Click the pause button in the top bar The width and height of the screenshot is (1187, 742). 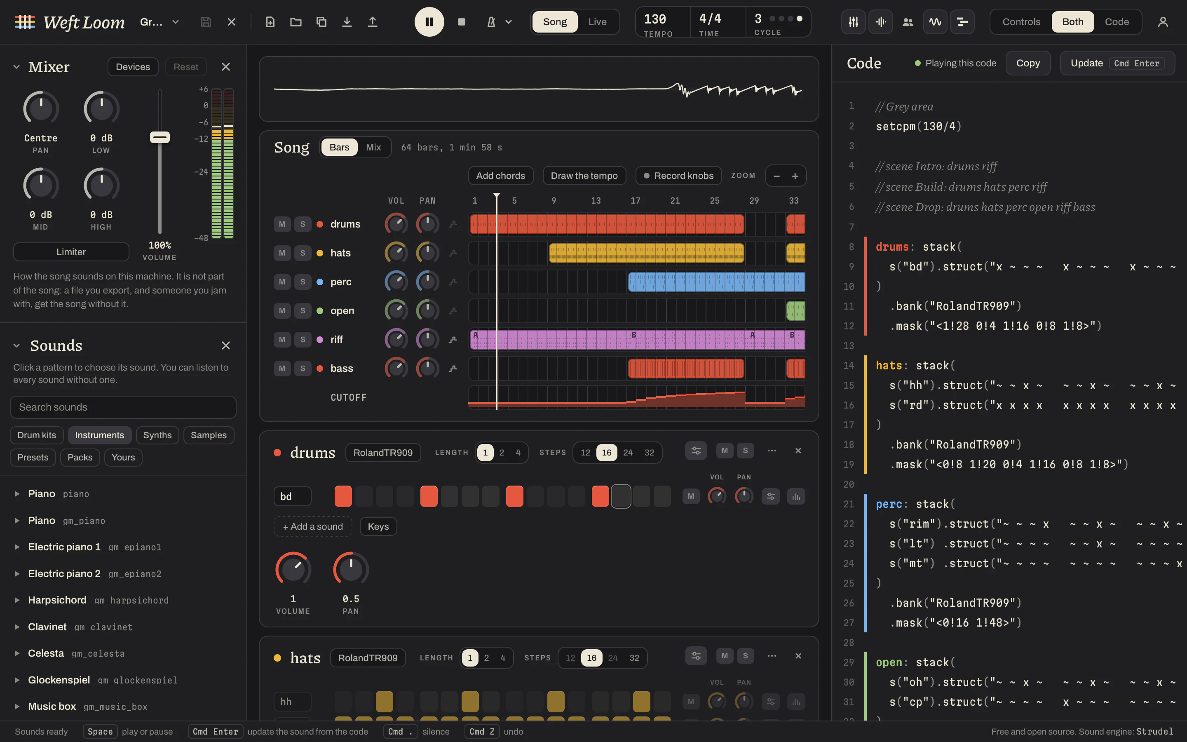pyautogui.click(x=429, y=21)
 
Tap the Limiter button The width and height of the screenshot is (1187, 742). pyautogui.click(x=71, y=252)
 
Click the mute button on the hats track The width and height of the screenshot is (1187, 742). pyautogui.click(x=282, y=253)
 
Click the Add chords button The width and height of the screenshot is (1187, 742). pyautogui.click(x=500, y=176)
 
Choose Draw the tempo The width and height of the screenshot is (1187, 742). pyautogui.click(x=584, y=176)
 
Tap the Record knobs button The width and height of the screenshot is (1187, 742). pyautogui.click(x=678, y=176)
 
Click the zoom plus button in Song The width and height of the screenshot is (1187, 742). pyautogui.click(x=795, y=176)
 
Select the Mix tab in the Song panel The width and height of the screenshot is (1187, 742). pyautogui.click(x=373, y=147)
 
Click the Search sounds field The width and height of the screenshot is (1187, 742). pyautogui.click(x=123, y=407)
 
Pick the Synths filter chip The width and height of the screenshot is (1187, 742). pyautogui.click(x=157, y=435)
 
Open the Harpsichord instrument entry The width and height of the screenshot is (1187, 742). pyautogui.click(x=57, y=600)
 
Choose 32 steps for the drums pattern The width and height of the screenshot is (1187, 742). pyautogui.click(x=649, y=453)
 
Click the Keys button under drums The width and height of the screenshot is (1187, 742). pyautogui.click(x=378, y=526)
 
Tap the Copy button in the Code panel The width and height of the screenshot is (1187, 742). pyautogui.click(x=1027, y=63)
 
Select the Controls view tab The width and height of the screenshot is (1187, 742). pyautogui.click(x=1021, y=21)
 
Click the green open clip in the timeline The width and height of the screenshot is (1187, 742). pyautogui.click(x=795, y=311)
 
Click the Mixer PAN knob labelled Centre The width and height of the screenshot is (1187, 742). pyautogui.click(x=41, y=108)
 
